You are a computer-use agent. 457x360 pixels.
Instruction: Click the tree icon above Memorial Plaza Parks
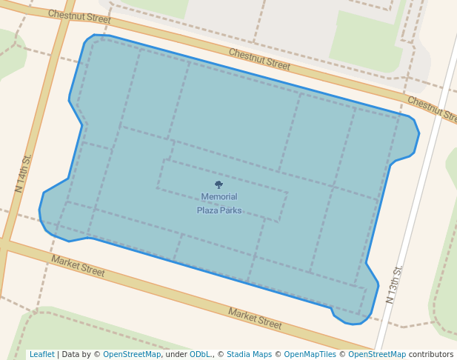coord(219,184)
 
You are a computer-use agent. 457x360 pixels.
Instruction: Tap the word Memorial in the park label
coord(219,197)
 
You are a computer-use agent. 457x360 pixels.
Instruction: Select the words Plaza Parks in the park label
coord(219,210)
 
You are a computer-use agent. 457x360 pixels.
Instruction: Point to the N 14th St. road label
coord(24,173)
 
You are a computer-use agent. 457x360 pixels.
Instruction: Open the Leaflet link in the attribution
coord(42,355)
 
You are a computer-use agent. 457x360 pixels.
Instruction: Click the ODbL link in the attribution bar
coord(200,355)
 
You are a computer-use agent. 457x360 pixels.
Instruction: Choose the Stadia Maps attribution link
coord(249,355)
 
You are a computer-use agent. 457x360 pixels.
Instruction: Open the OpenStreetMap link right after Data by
coord(132,355)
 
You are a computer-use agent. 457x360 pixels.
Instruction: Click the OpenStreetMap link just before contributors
coord(377,355)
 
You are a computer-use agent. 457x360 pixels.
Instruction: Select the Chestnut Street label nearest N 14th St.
coord(79,16)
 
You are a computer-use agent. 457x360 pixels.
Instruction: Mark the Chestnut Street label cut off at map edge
coord(432,110)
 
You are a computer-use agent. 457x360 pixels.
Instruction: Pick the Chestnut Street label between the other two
coord(259,59)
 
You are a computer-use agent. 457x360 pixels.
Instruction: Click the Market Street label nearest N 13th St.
coord(255,319)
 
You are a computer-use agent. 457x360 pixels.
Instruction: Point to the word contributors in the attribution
coord(431,355)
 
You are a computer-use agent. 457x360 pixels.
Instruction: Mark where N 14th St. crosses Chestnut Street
coord(65,6)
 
